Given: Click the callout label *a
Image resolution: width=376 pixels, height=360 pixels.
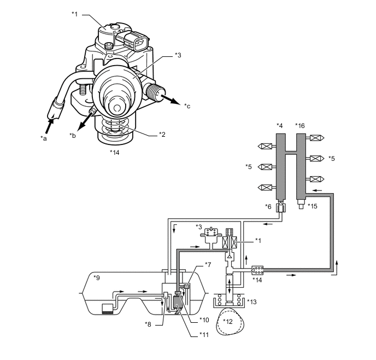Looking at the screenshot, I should (44, 139).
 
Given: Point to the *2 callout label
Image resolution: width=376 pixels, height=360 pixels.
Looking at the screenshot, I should (162, 134).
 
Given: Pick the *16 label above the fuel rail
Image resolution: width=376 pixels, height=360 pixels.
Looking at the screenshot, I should (300, 126).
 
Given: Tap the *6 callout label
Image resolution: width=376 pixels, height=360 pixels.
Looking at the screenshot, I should (267, 206).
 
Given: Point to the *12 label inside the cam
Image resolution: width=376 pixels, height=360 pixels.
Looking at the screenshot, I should (228, 321).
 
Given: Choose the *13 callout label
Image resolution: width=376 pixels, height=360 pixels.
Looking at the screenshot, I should (252, 301).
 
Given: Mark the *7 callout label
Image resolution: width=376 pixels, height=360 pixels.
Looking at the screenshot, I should (207, 265).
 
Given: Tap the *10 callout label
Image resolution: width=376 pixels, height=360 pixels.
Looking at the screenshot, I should (204, 320).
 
